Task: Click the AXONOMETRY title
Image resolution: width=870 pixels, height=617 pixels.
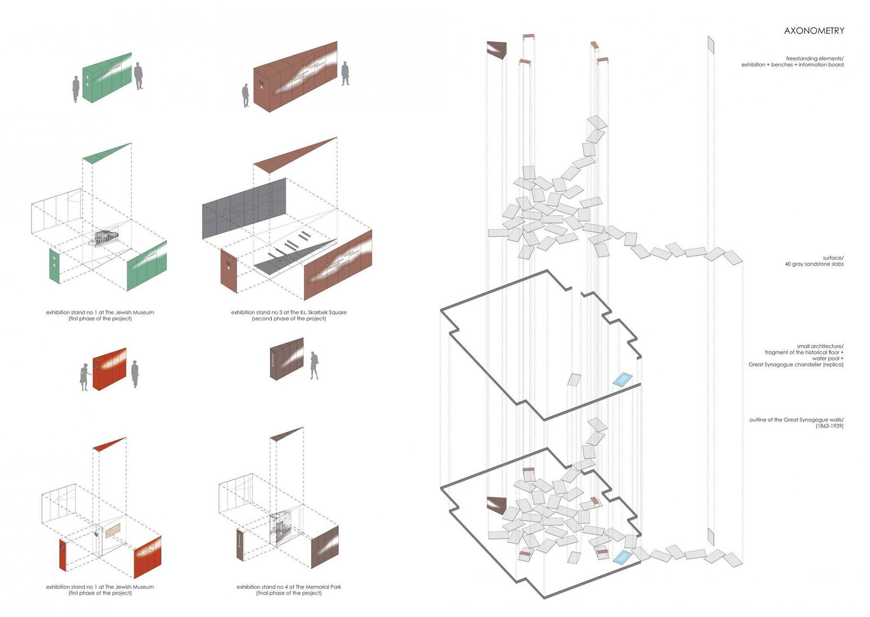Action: tap(814, 31)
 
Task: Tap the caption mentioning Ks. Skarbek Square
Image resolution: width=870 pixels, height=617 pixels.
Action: tap(289, 312)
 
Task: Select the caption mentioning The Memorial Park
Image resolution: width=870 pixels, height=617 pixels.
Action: tap(289, 587)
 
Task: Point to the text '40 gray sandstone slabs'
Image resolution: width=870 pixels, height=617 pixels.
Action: tap(814, 264)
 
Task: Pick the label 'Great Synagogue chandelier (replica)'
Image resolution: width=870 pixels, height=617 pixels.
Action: tap(796, 364)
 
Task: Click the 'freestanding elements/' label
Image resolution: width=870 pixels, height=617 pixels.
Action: tap(814, 59)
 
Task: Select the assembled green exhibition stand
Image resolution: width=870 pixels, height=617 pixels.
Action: tap(107, 78)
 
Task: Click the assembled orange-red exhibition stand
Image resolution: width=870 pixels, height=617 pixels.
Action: tap(109, 369)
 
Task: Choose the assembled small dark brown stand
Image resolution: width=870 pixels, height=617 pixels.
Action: tap(287, 359)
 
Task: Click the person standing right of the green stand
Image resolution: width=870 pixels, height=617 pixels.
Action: tap(138, 75)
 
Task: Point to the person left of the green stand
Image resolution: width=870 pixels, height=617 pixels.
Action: tap(76, 89)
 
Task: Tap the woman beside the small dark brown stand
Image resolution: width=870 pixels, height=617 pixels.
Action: tap(315, 365)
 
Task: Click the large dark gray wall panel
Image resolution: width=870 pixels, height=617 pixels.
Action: tap(244, 208)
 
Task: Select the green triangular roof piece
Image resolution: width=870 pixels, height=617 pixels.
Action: tap(106, 153)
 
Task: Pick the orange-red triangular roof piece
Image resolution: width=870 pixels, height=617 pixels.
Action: tap(109, 444)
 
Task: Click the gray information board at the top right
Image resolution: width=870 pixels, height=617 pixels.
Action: tap(711, 45)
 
